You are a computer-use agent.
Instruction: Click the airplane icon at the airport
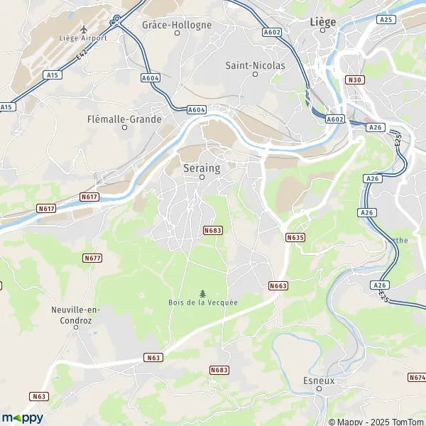[84, 27]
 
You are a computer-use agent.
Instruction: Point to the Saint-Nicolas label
[255, 65]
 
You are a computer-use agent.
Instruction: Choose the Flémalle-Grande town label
[124, 119]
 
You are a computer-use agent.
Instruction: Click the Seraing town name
[202, 168]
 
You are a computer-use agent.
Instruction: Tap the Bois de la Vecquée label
[203, 302]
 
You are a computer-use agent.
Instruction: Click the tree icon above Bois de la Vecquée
[203, 293]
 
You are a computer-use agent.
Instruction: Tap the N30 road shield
[355, 80]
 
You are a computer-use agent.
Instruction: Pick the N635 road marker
[295, 237]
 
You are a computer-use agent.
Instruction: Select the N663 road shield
[278, 285]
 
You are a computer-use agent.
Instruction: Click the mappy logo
[23, 417]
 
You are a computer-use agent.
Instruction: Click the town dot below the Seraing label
[202, 177]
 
